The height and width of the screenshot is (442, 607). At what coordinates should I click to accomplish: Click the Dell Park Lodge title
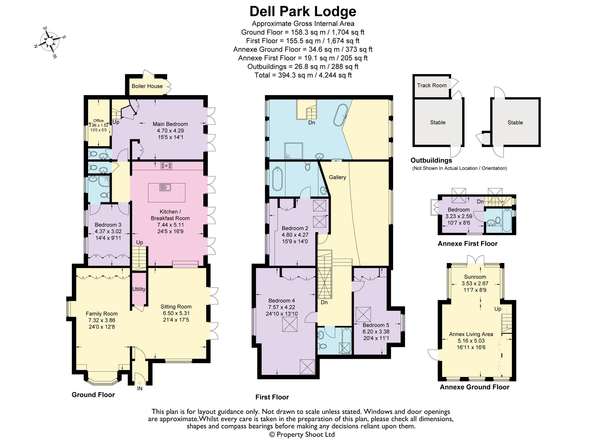303,11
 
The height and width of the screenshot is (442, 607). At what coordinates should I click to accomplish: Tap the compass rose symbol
50,42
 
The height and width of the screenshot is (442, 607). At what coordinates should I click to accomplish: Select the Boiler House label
147,86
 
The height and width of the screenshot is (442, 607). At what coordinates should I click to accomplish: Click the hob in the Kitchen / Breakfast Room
166,166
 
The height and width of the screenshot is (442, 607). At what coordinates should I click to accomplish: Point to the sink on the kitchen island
165,188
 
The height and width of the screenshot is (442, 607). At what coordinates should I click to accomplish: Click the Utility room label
139,289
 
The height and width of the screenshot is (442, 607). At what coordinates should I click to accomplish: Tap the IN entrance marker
140,388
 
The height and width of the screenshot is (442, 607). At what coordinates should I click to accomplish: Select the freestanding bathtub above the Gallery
341,115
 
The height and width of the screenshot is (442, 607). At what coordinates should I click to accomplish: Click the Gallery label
337,177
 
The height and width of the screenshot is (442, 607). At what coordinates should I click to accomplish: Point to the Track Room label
432,85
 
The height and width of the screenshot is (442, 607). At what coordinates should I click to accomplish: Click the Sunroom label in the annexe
475,277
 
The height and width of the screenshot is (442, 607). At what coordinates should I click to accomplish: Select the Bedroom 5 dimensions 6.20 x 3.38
376,331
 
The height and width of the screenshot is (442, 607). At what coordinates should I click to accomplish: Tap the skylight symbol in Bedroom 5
363,315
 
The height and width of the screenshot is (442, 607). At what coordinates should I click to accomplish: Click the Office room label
98,121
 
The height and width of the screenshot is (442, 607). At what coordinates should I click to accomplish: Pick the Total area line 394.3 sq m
303,75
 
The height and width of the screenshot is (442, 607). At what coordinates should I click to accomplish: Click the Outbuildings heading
431,160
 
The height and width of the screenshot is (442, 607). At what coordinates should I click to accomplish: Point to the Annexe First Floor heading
468,244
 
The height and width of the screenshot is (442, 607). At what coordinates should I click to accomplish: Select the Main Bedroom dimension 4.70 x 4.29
170,130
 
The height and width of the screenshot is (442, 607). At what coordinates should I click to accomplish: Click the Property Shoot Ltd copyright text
302,434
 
